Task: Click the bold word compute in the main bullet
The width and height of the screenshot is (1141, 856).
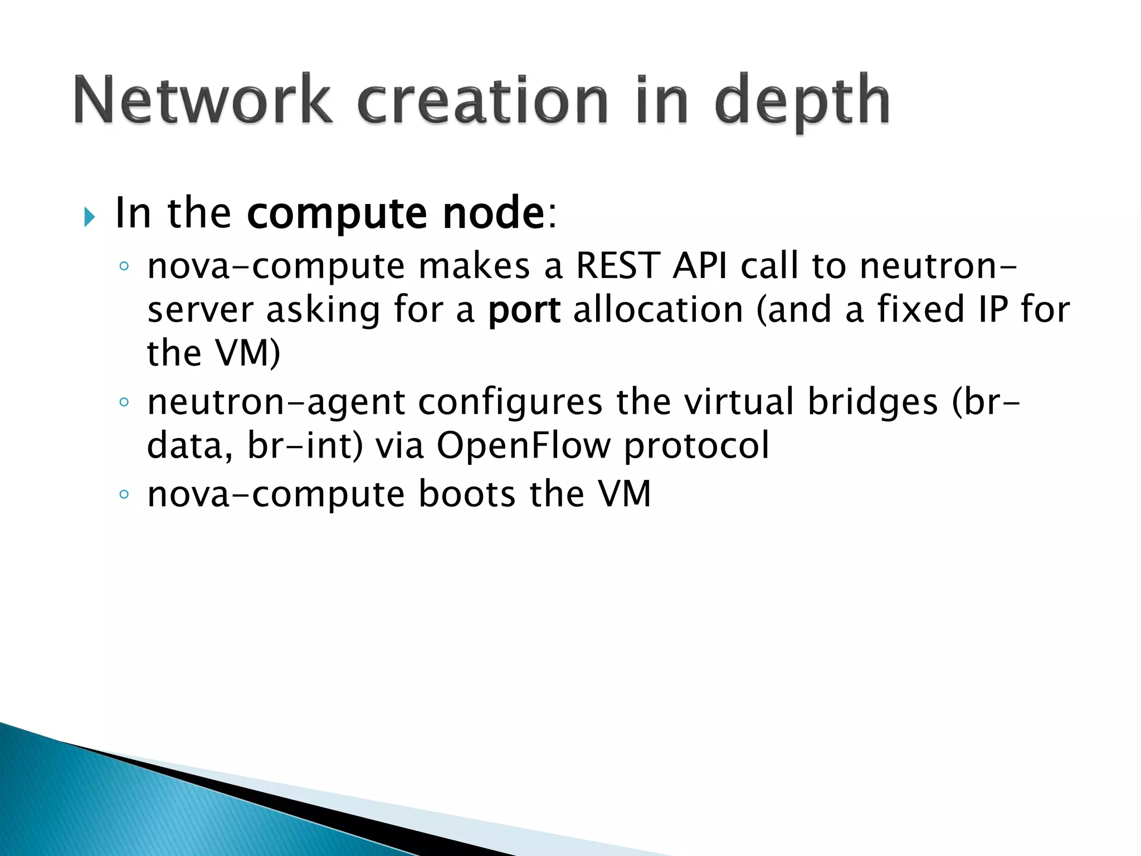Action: click(337, 214)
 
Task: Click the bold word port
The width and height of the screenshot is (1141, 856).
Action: click(524, 311)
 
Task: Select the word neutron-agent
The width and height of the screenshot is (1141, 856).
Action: click(276, 402)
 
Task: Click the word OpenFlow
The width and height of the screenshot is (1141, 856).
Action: click(523, 446)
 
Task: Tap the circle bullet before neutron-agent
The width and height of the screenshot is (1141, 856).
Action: click(124, 402)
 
